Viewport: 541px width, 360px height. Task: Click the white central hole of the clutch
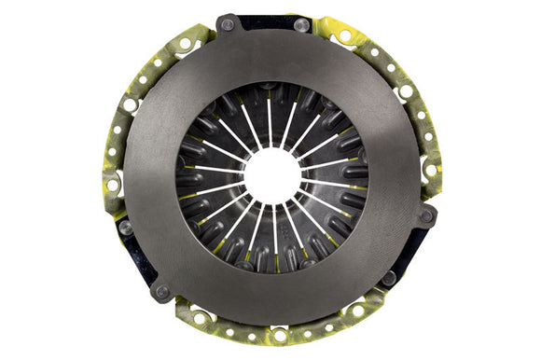(271, 174)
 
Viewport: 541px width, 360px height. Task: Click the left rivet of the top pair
(228, 24)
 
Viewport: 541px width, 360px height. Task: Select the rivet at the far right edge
(426, 215)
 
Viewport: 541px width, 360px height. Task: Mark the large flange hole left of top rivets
(186, 43)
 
